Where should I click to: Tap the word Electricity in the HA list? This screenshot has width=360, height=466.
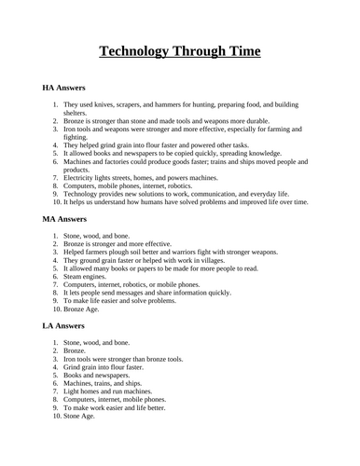point(82,177)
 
